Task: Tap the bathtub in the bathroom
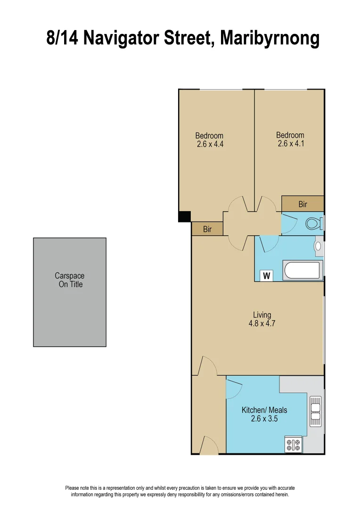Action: [x=303, y=270]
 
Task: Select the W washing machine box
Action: [x=267, y=276]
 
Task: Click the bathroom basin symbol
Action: [x=318, y=246]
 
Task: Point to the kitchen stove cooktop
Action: [x=293, y=443]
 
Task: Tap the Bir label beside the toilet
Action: [x=303, y=205]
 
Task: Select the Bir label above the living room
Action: [x=207, y=230]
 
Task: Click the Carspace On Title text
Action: [x=70, y=280]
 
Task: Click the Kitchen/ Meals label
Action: [x=264, y=410]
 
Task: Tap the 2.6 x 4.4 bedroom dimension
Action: [x=210, y=144]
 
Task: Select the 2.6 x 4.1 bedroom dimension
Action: [x=291, y=144]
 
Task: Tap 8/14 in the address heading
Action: [x=62, y=38]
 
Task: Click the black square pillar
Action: [x=184, y=216]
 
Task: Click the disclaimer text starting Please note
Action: [x=180, y=491]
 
